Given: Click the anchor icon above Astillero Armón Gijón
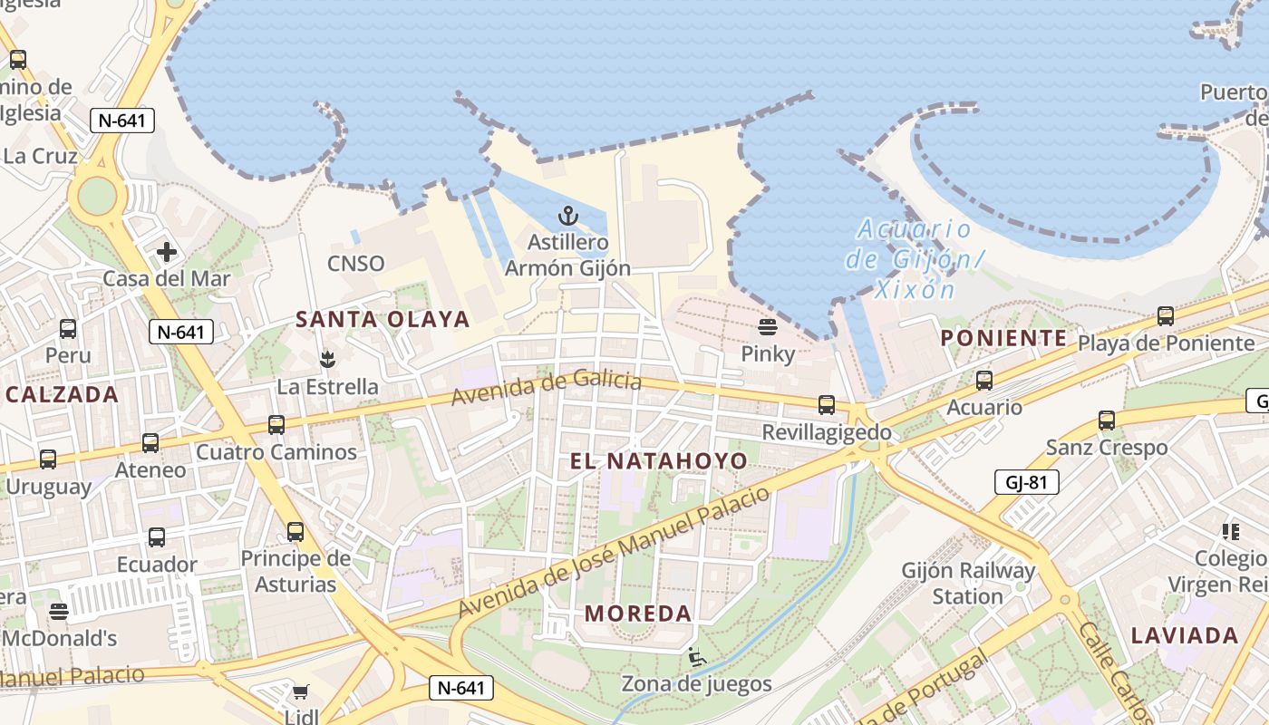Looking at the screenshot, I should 567,216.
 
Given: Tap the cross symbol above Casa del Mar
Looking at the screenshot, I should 166,251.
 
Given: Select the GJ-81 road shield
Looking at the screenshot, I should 1026,482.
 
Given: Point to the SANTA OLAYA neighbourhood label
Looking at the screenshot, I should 383,319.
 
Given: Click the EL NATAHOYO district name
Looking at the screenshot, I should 659,461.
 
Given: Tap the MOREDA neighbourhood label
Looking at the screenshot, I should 638,614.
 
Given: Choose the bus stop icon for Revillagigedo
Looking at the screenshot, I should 827,405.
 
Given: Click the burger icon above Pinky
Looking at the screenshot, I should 767,327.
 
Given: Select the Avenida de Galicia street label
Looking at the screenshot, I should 547,389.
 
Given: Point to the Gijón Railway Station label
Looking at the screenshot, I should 968,584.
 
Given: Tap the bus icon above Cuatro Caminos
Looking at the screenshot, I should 276,424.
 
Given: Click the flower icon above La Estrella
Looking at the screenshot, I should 327,360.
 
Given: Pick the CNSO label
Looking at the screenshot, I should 356,264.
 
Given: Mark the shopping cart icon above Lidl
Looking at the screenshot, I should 300,692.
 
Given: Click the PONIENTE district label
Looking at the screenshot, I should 1003,338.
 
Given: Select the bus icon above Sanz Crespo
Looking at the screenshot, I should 1107,420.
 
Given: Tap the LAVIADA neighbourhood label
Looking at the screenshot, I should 1185,635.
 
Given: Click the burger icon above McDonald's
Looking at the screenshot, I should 59,612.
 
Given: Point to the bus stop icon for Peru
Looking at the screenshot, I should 68,329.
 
